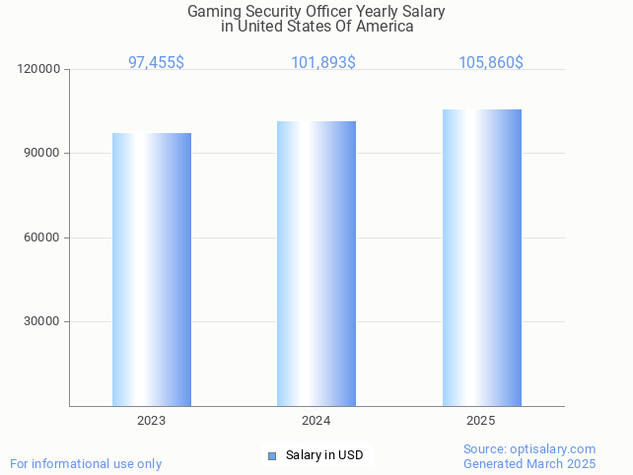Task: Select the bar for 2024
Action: pyautogui.click(x=316, y=263)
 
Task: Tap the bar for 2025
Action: pyautogui.click(x=481, y=257)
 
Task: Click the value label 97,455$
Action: pyautogui.click(x=156, y=62)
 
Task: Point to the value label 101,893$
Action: pyautogui.click(x=322, y=62)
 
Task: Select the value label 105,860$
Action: pyautogui.click(x=490, y=62)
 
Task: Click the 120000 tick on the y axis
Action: pyautogui.click(x=39, y=70)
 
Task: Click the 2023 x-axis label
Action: pyautogui.click(x=151, y=421)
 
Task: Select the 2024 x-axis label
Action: pyautogui.click(x=316, y=421)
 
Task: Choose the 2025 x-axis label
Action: pyautogui.click(x=480, y=421)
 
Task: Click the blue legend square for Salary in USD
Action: pyautogui.click(x=272, y=455)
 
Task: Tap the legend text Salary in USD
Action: pyautogui.click(x=324, y=455)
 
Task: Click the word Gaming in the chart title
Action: pyautogui.click(x=213, y=12)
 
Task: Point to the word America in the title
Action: pyautogui.click(x=385, y=27)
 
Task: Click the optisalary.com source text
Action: pyautogui.click(x=529, y=448)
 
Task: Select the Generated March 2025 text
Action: pyautogui.click(x=529, y=463)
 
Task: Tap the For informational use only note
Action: pyautogui.click(x=86, y=463)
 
